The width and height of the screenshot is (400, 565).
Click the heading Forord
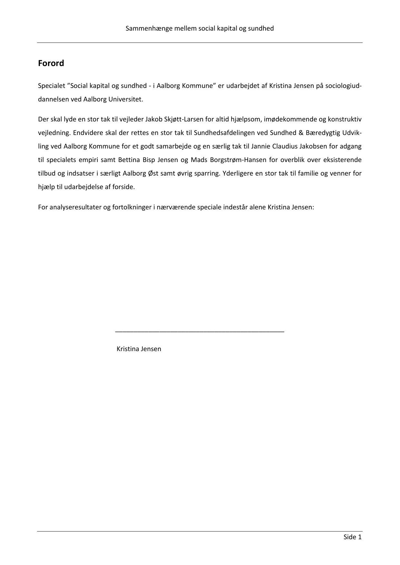click(51, 63)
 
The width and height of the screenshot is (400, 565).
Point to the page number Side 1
click(353, 537)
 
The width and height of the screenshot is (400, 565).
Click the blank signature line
click(200, 331)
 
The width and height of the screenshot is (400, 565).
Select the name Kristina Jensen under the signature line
click(139, 349)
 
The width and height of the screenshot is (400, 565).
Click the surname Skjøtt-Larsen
click(183, 119)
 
